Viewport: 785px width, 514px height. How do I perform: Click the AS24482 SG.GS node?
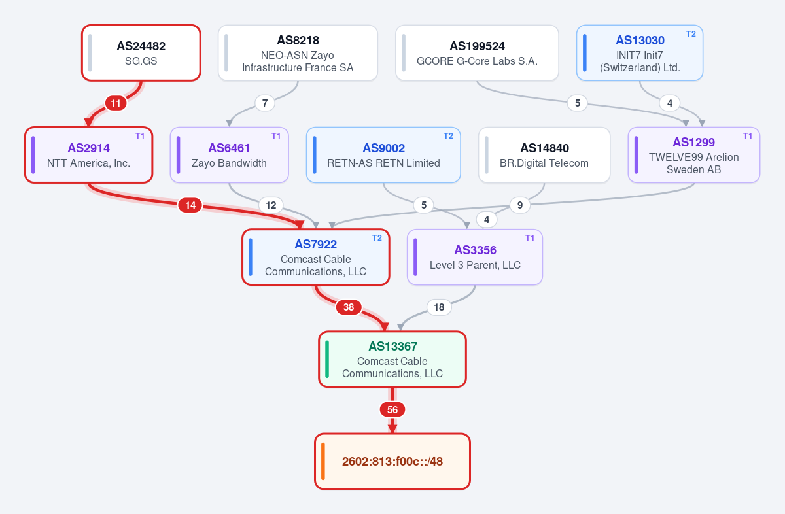click(141, 53)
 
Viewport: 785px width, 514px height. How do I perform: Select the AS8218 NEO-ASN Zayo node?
click(298, 53)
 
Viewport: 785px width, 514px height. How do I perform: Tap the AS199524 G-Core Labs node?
click(477, 53)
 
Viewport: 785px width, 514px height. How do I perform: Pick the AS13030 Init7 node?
click(640, 53)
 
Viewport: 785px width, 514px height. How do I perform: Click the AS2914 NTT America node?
click(89, 155)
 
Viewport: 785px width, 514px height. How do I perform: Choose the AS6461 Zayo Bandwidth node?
click(229, 155)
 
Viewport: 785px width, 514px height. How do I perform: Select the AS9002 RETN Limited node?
click(383, 155)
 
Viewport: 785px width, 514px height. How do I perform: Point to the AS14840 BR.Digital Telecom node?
click(544, 155)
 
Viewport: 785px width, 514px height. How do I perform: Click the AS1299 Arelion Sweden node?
click(694, 155)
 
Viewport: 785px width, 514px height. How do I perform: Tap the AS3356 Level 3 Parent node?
click(475, 257)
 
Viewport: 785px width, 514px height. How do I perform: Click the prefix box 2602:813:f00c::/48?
click(392, 461)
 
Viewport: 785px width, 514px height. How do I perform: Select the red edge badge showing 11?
click(116, 103)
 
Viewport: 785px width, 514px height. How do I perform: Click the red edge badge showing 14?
click(190, 205)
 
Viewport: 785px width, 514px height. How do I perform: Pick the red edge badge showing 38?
click(349, 307)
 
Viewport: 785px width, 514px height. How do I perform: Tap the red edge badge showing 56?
click(392, 409)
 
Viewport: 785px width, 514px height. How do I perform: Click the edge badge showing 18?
click(439, 307)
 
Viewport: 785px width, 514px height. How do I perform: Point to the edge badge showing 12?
click(271, 205)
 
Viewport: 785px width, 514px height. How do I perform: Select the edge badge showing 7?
click(265, 103)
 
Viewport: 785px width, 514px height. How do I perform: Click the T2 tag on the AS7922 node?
click(377, 238)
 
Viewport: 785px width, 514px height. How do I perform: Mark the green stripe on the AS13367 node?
click(327, 359)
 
